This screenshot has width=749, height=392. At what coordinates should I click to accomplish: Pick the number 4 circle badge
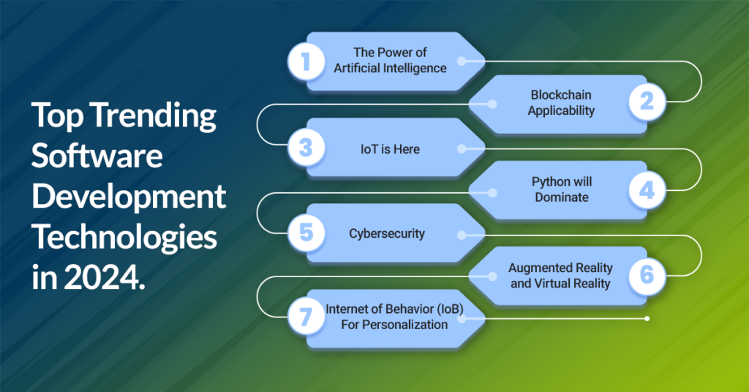point(647,190)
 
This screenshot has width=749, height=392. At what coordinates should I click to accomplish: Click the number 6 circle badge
point(647,276)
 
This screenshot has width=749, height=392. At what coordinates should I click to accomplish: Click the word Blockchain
point(560,96)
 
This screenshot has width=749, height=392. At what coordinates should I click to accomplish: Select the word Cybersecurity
point(387,234)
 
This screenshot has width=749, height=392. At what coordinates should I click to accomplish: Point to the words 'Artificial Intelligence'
point(390,69)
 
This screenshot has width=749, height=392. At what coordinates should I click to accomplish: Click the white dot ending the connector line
point(647,318)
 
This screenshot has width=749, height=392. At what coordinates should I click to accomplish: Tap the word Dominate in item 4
point(560,197)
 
